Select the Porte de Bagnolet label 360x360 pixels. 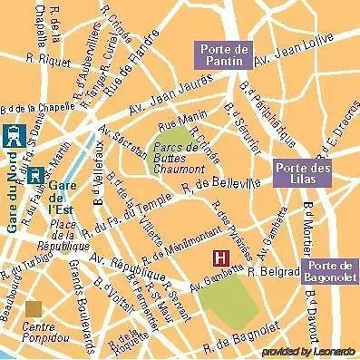tap(327, 268)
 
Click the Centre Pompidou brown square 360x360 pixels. tap(34, 310)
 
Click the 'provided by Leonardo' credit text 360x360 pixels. tap(308, 351)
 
